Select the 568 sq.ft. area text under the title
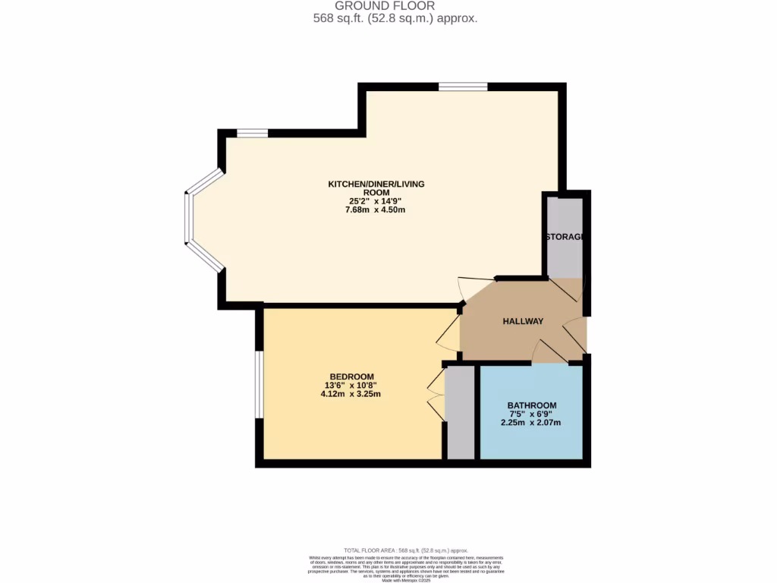click(395, 18)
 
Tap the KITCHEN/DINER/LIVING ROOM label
click(376, 188)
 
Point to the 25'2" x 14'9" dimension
click(375, 201)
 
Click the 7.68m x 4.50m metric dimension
click(375, 210)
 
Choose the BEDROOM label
click(351, 377)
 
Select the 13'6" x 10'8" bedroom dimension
click(351, 386)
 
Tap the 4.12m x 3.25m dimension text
click(351, 395)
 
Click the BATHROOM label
click(532, 405)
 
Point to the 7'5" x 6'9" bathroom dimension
click(531, 414)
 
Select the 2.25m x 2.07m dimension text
click(531, 424)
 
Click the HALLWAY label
click(523, 322)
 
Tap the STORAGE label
click(565, 238)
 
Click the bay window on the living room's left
click(190, 219)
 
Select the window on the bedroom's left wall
click(259, 385)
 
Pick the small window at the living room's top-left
click(252, 134)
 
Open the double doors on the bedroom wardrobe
click(436, 395)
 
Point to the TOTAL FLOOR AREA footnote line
click(405, 550)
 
